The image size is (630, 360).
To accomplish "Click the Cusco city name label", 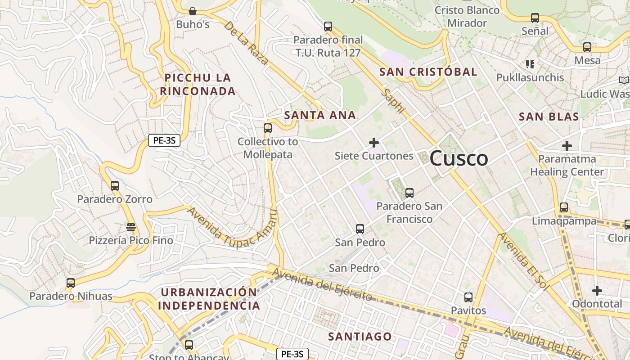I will tap(459, 158).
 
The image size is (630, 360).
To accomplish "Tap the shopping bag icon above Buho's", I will tap(193, 11).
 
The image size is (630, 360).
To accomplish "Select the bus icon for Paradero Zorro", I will tap(115, 185).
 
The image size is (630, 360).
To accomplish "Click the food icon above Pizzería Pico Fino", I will tap(131, 227).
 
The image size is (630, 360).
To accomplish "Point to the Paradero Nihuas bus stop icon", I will tap(71, 283).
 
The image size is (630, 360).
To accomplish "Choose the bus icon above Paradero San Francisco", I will tap(409, 193).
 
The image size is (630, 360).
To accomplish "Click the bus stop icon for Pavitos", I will tap(468, 297).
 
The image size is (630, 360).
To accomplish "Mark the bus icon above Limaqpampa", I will tap(564, 207).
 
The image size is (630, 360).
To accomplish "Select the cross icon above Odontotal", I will tap(597, 291).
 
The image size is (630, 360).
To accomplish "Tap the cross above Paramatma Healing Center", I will tap(567, 146).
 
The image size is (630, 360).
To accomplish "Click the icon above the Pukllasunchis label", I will tap(530, 64).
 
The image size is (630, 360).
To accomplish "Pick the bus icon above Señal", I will tap(535, 18).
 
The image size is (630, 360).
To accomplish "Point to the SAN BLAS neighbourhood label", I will tap(549, 117).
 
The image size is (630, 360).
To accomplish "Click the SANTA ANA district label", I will tap(320, 115).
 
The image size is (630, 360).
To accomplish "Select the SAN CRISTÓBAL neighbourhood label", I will tap(428, 72).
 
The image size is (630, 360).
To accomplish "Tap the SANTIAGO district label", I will tap(360, 337).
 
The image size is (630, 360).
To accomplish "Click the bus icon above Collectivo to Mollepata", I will tap(268, 128).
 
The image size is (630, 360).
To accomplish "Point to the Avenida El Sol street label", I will tap(524, 261).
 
